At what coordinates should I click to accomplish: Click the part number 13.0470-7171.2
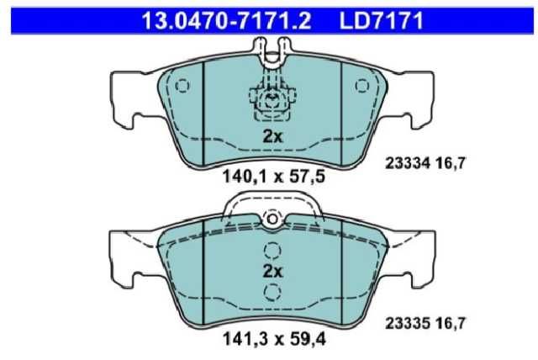226,20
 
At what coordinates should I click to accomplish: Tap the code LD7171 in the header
382,20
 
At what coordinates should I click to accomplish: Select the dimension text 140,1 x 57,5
274,177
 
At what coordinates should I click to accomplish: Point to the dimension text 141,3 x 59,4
274,340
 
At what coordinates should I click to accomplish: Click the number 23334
408,163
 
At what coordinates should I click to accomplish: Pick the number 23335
408,323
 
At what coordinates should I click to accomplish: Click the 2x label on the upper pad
272,136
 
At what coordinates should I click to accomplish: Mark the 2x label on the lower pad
272,272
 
